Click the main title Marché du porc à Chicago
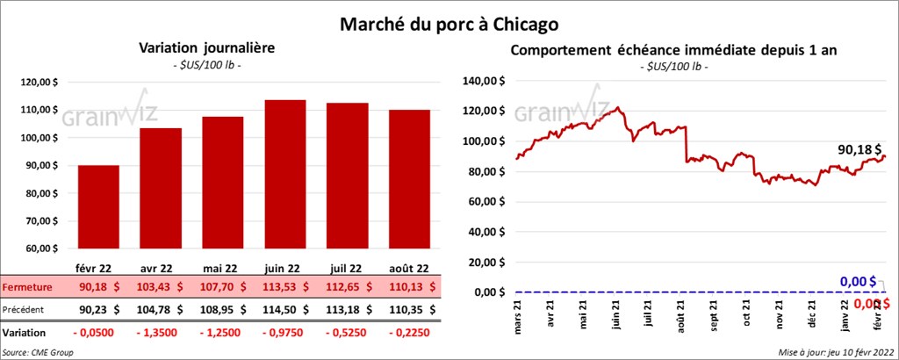tap(449, 21)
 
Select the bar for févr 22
tap(98, 206)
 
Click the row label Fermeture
tap(27, 287)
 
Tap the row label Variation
tap(25, 334)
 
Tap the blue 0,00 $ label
tap(858, 281)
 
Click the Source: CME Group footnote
tap(38, 352)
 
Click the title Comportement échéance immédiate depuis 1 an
tap(674, 50)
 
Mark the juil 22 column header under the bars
tap(348, 269)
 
